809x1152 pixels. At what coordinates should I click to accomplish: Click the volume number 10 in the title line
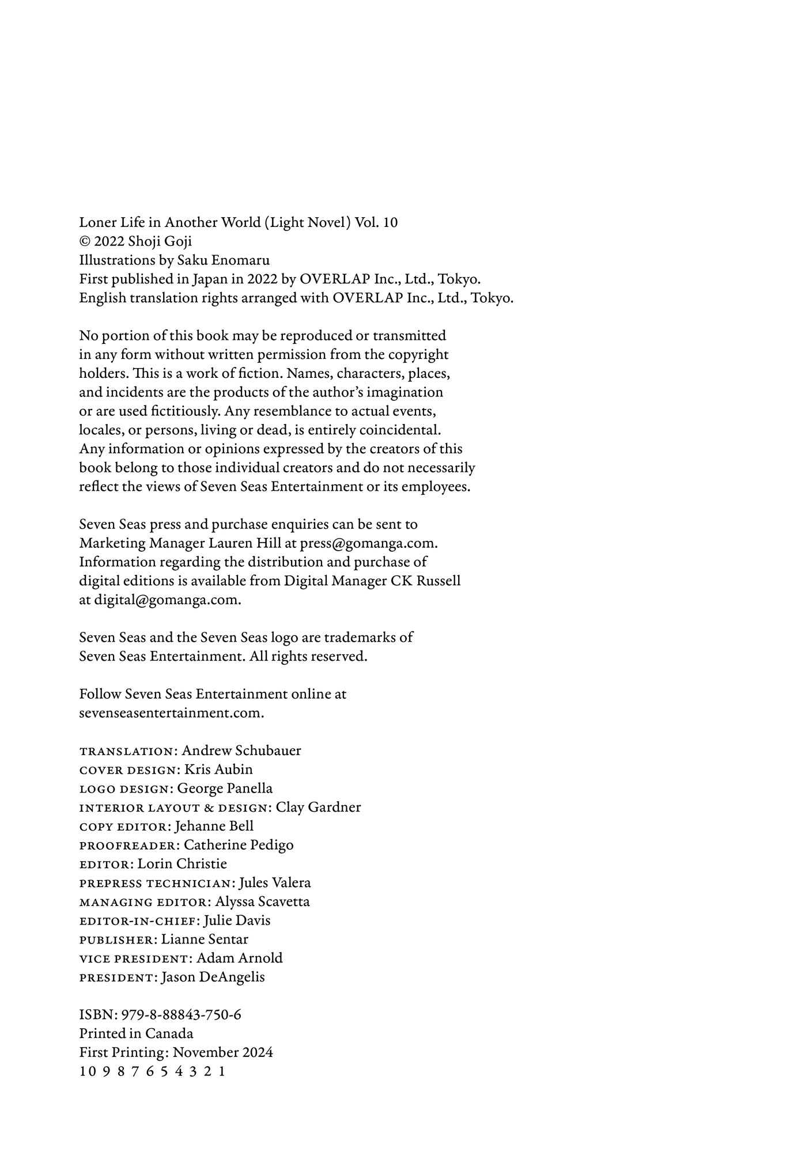pyautogui.click(x=390, y=223)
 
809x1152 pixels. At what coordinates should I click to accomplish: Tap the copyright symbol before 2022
pyautogui.click(x=85, y=242)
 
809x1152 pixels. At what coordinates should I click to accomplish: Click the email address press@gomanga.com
pyautogui.click(x=369, y=543)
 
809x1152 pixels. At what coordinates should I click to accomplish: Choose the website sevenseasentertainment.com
pyautogui.click(x=171, y=713)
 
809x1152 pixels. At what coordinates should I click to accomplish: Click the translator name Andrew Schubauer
pyautogui.click(x=241, y=751)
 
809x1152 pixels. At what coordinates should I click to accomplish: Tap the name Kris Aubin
pyautogui.click(x=218, y=770)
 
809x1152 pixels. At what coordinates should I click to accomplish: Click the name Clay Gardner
pyautogui.click(x=318, y=808)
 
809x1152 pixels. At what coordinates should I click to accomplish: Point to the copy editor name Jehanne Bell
pyautogui.click(x=214, y=826)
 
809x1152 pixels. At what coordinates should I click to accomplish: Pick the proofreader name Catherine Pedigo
pyautogui.click(x=239, y=845)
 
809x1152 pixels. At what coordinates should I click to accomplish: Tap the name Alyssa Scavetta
pyautogui.click(x=262, y=902)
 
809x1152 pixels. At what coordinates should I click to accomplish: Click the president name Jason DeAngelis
pyautogui.click(x=213, y=977)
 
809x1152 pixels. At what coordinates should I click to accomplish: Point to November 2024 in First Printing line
pyautogui.click(x=223, y=1053)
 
